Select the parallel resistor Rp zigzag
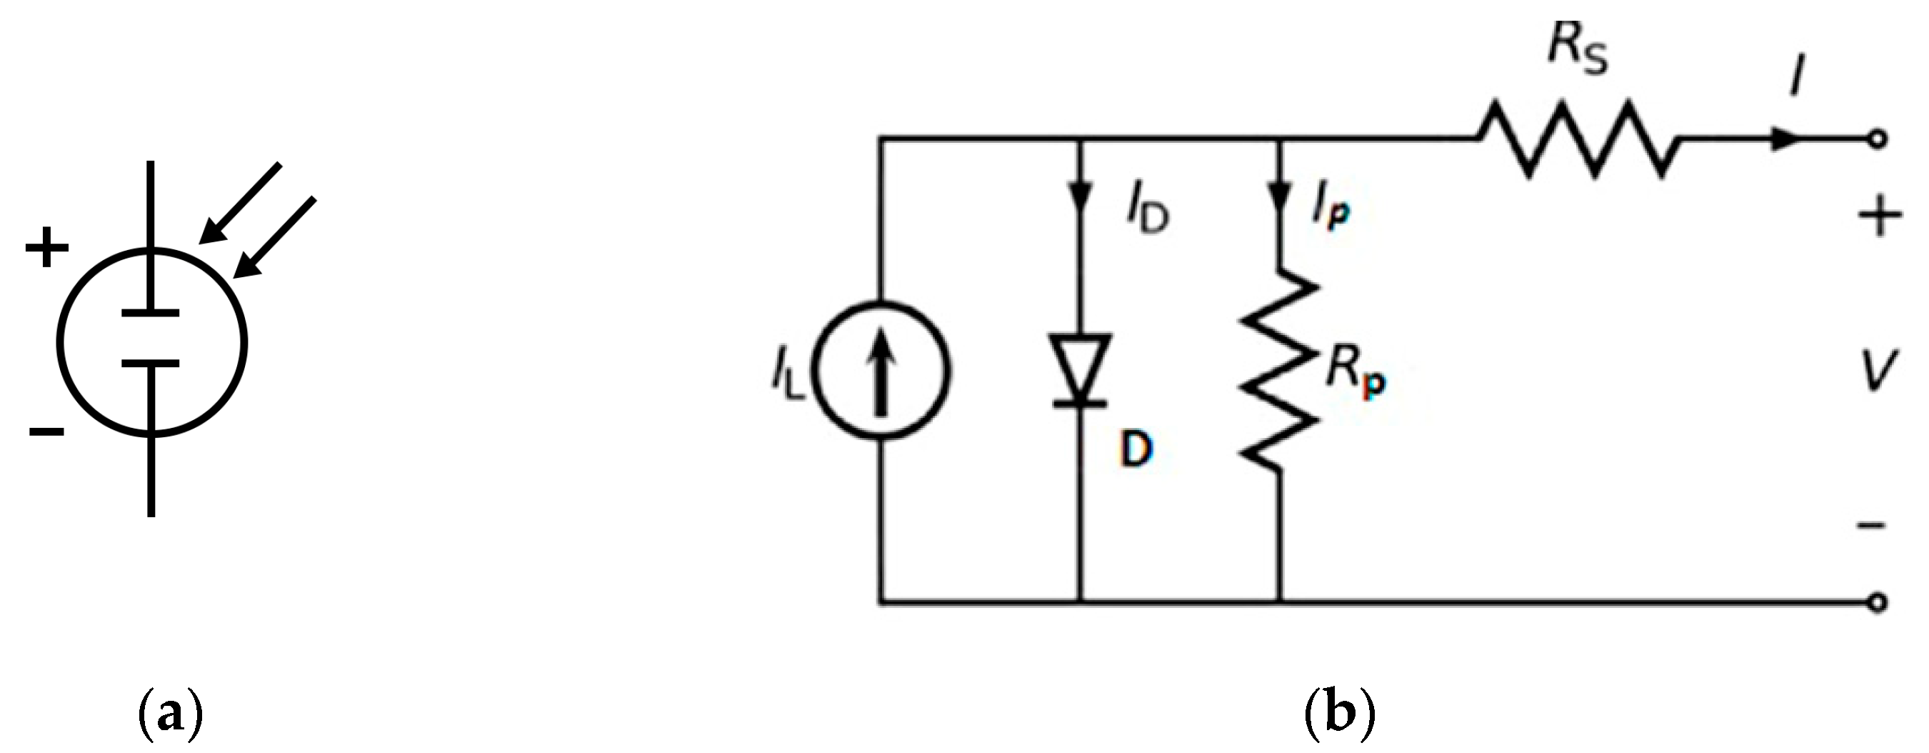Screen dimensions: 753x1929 [1279, 371]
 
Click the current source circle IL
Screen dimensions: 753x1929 [881, 370]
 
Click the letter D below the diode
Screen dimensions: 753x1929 [1136, 450]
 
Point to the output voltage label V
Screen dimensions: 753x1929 [1878, 372]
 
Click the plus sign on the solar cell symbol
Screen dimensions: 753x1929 [46, 246]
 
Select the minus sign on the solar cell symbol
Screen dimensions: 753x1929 [46, 432]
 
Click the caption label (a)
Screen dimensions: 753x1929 [171, 714]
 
